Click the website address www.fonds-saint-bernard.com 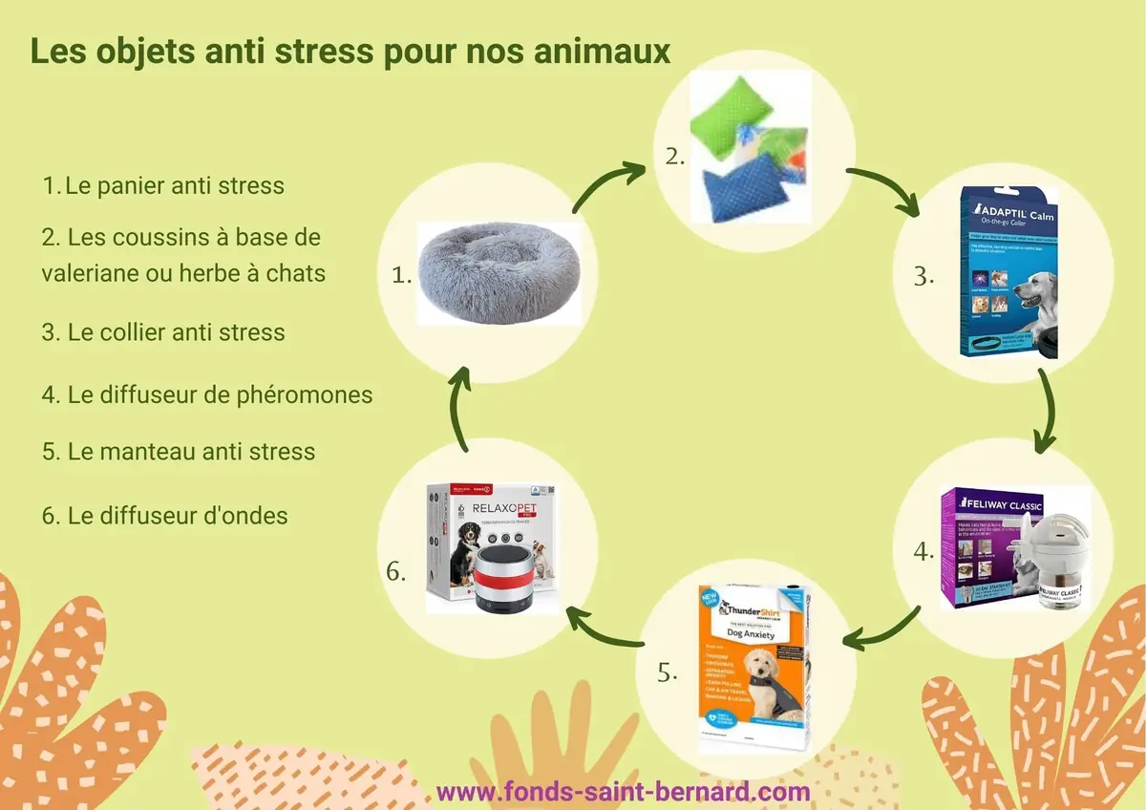point(623,792)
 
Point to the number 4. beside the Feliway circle point(923,551)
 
